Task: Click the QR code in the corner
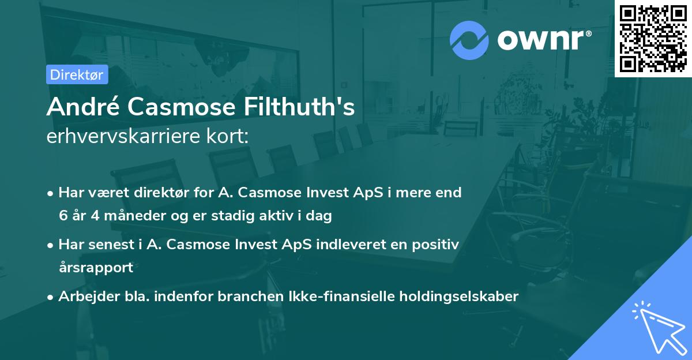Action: pos(653,38)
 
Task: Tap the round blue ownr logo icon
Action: pos(469,40)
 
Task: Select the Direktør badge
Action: pos(77,74)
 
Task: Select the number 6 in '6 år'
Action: pos(63,216)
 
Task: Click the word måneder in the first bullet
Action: pos(134,216)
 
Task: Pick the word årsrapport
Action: pos(96,267)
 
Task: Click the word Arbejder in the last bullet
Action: pos(83,297)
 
